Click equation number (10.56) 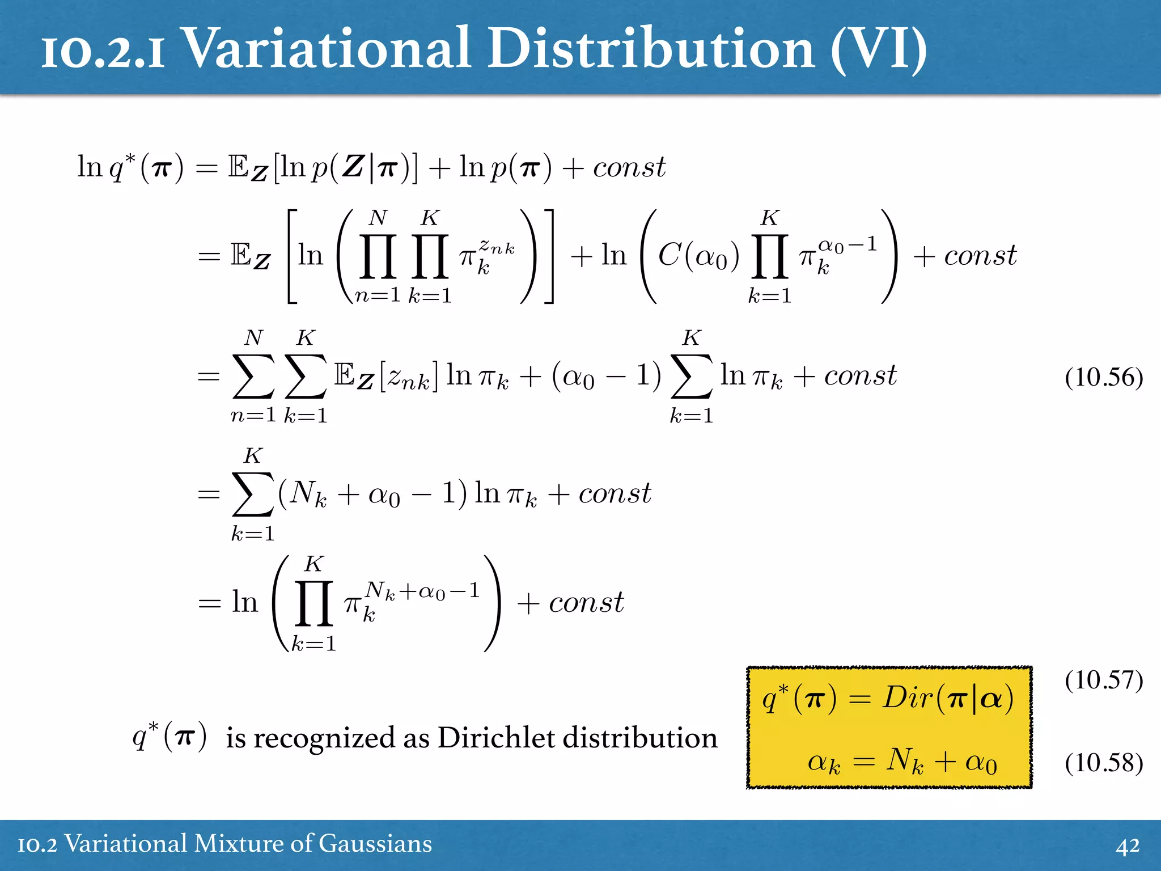point(1103,378)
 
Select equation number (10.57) point(1103,680)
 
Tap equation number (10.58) point(1103,763)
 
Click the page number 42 point(1128,845)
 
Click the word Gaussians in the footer point(375,844)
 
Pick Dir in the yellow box point(907,697)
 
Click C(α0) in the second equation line point(698,256)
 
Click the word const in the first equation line point(629,168)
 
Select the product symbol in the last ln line point(313,603)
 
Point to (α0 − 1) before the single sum point(606,377)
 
